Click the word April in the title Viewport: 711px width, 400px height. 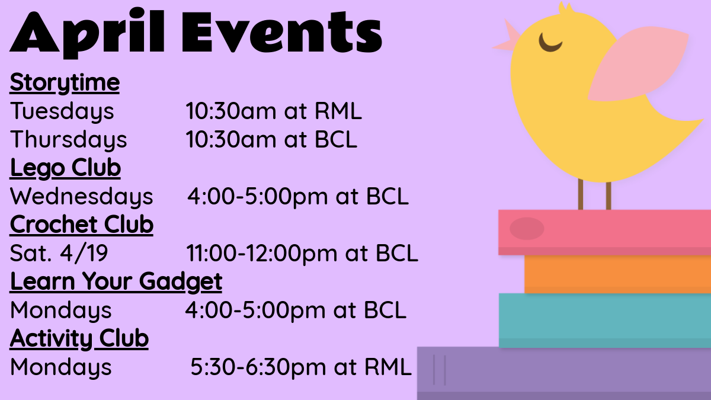point(87,34)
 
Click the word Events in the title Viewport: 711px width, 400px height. point(282,32)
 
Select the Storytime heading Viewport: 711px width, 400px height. point(65,83)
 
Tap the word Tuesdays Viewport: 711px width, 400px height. point(62,111)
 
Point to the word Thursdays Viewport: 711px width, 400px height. point(69,140)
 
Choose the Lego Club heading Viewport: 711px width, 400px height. point(65,168)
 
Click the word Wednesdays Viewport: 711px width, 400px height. point(82,197)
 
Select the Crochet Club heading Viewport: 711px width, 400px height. point(82,225)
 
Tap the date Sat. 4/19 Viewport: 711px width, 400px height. point(59,253)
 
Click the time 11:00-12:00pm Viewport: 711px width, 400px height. point(261,254)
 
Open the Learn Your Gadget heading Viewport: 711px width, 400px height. point(116,282)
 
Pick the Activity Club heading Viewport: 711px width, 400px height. point(79,339)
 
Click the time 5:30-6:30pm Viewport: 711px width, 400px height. point(258,367)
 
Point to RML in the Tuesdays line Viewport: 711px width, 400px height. point(338,111)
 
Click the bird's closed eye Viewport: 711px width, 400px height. point(550,43)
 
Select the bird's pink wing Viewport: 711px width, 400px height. point(638,63)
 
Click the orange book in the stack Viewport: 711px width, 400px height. point(617,274)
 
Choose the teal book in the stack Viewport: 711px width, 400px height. point(605,321)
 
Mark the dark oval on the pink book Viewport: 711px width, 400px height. point(527,229)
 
